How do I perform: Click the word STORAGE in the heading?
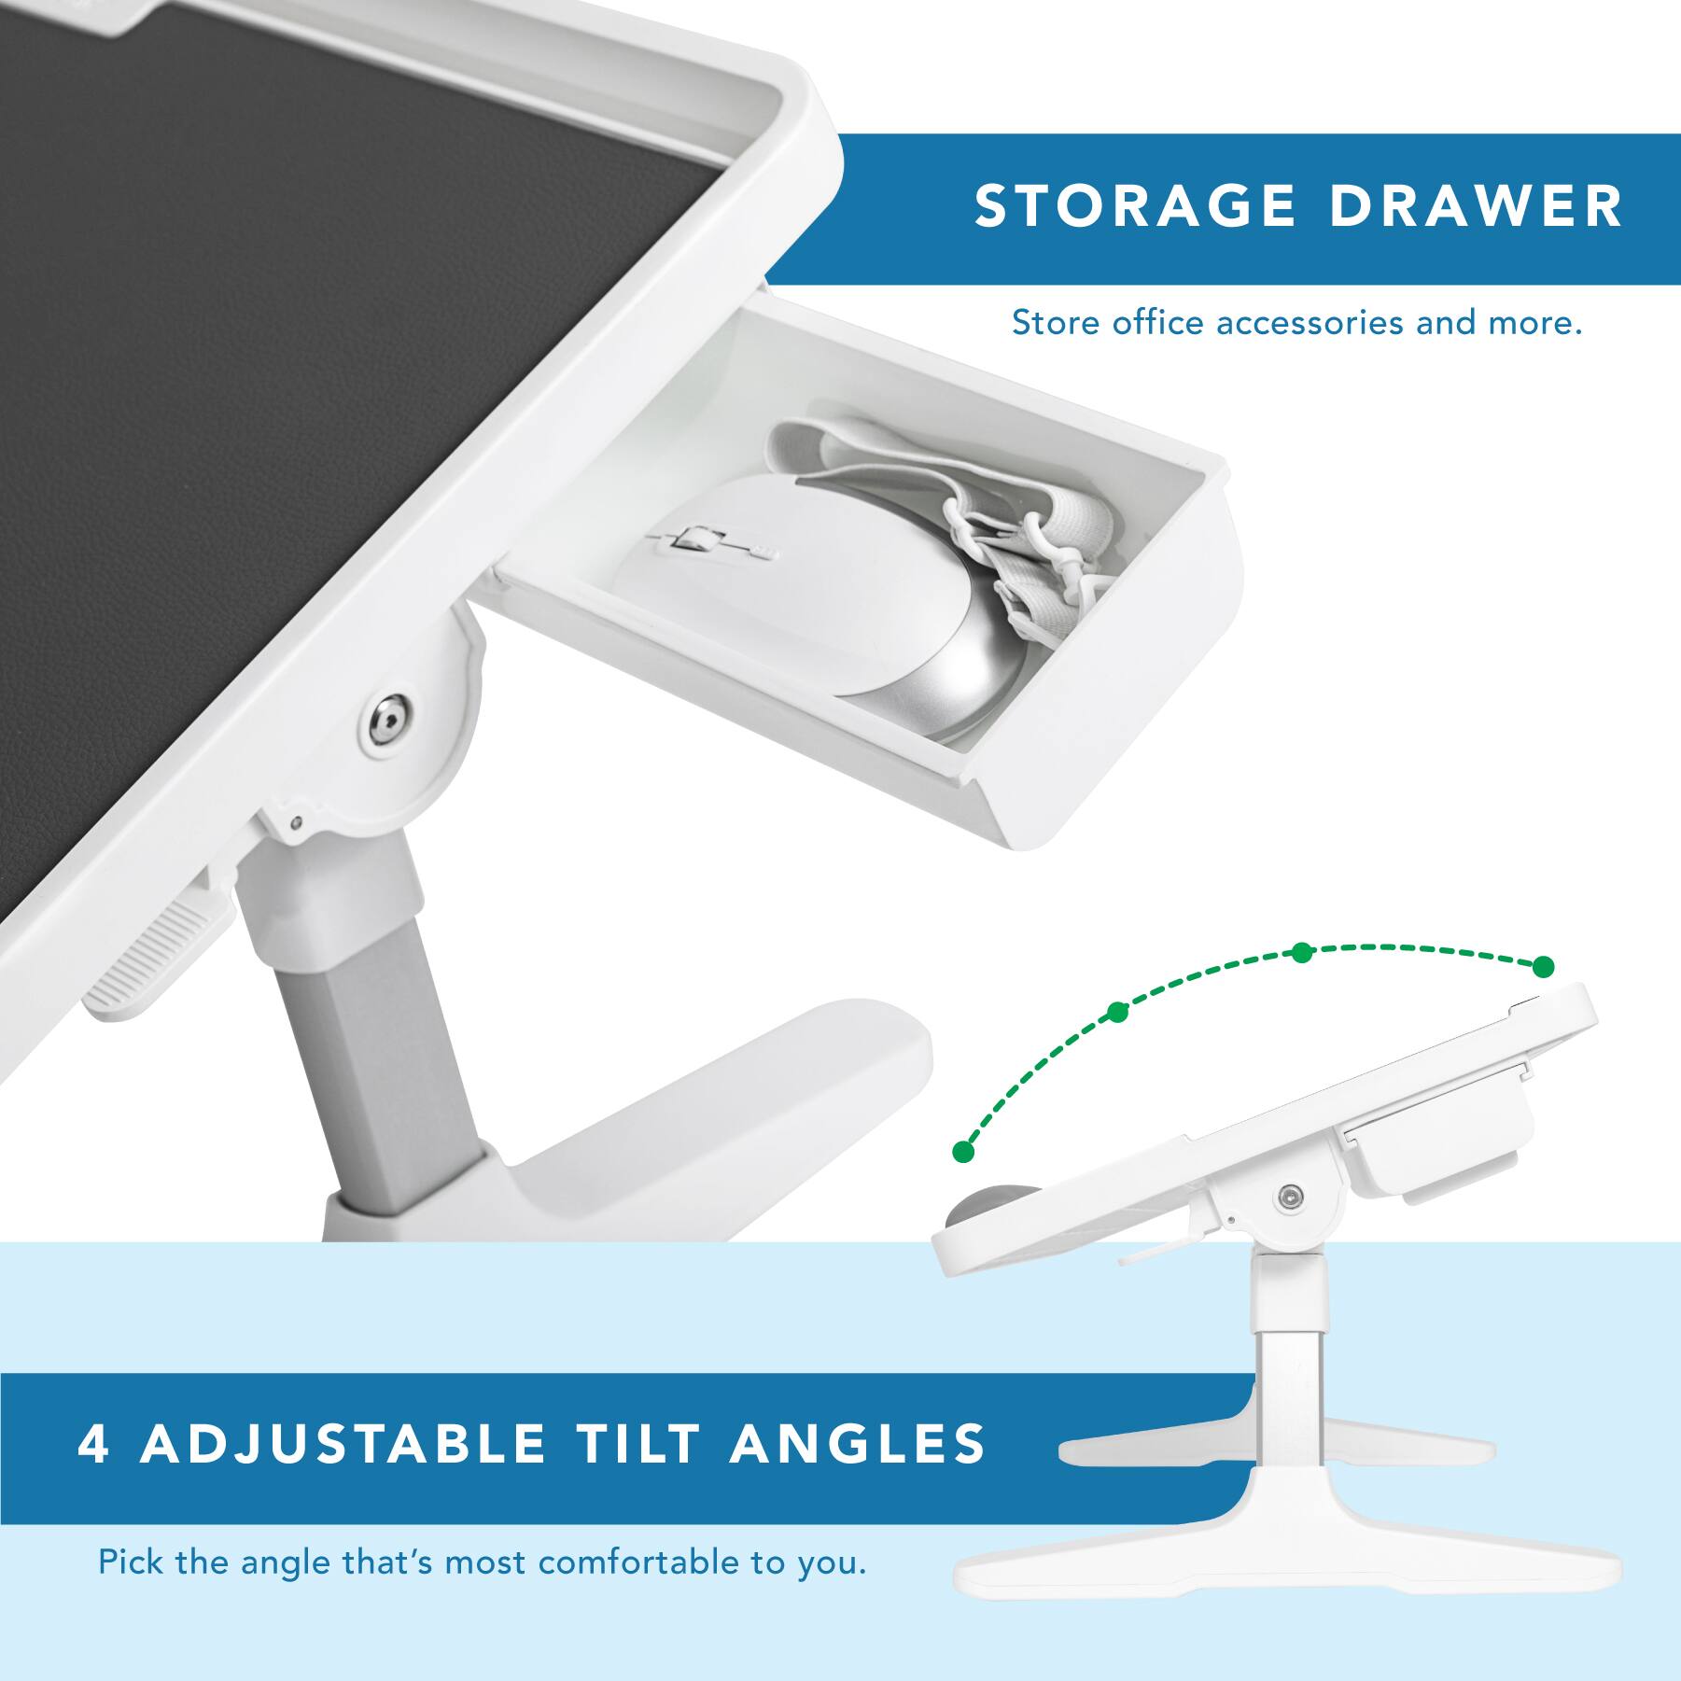coord(1134,206)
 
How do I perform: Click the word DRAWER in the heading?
coord(1476,206)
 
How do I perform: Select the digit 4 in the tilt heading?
coord(93,1442)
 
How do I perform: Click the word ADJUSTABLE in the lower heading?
coord(343,1442)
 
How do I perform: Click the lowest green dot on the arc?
coord(964,1152)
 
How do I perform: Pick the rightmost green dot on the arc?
coord(1544,966)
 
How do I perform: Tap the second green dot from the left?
coord(1118,1012)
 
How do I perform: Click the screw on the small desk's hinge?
coord(1289,1195)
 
